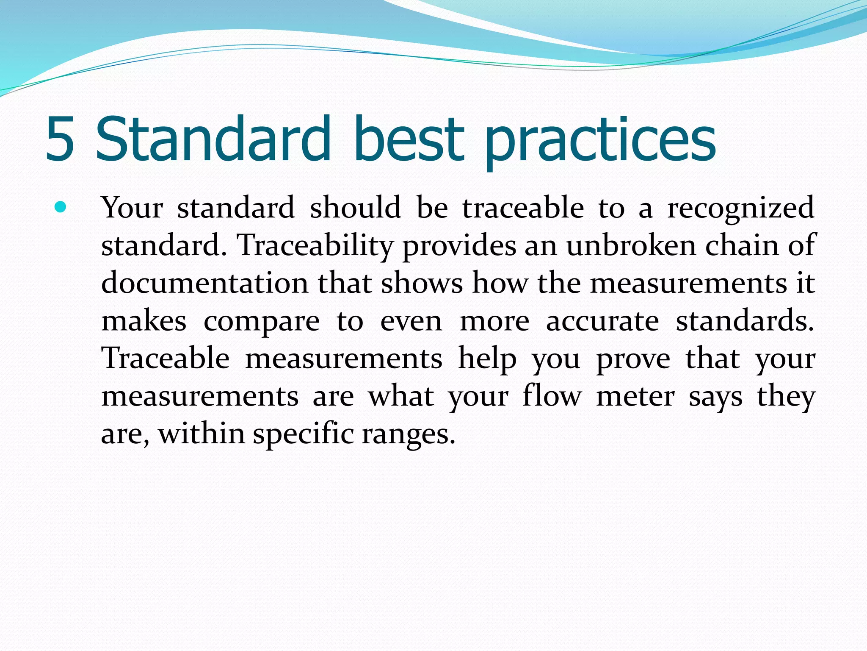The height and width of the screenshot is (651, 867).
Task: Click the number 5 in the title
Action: coord(60,139)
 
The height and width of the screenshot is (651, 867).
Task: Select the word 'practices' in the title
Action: coord(600,142)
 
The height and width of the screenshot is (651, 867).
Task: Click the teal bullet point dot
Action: coord(61,207)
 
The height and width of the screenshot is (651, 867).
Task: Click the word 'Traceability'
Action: coord(316,246)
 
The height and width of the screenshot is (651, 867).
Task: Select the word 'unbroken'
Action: coord(631,245)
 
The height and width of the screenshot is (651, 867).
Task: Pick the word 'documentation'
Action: coord(205,283)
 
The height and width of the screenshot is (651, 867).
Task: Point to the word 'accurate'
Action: coord(602,321)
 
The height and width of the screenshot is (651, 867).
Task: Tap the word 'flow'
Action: coord(552,396)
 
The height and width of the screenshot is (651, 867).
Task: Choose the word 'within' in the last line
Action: coord(202,434)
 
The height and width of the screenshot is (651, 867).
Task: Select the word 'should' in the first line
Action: coord(355,208)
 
